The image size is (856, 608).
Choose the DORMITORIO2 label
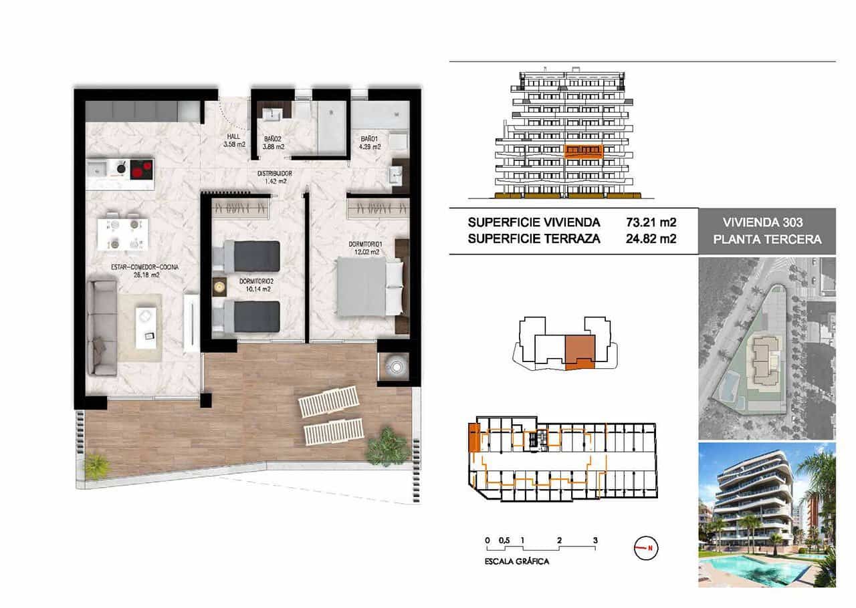[255, 285]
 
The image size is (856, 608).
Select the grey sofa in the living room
[103, 327]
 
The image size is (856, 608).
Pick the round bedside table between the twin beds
[219, 287]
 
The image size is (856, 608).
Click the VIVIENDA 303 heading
[767, 222]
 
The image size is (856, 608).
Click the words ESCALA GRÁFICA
[517, 562]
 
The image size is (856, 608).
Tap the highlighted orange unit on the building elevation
[583, 151]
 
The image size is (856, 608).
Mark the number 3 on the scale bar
[595, 540]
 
